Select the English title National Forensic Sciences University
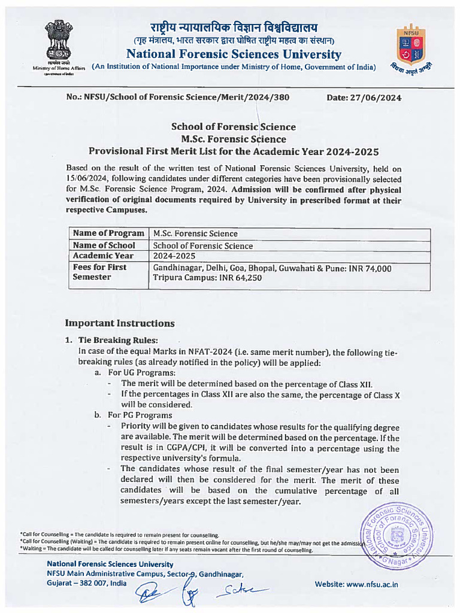[234, 54]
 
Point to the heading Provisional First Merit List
[234, 151]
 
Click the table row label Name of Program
[108, 233]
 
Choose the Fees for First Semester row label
[99, 272]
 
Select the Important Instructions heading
[120, 323]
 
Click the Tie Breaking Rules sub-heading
[115, 340]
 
